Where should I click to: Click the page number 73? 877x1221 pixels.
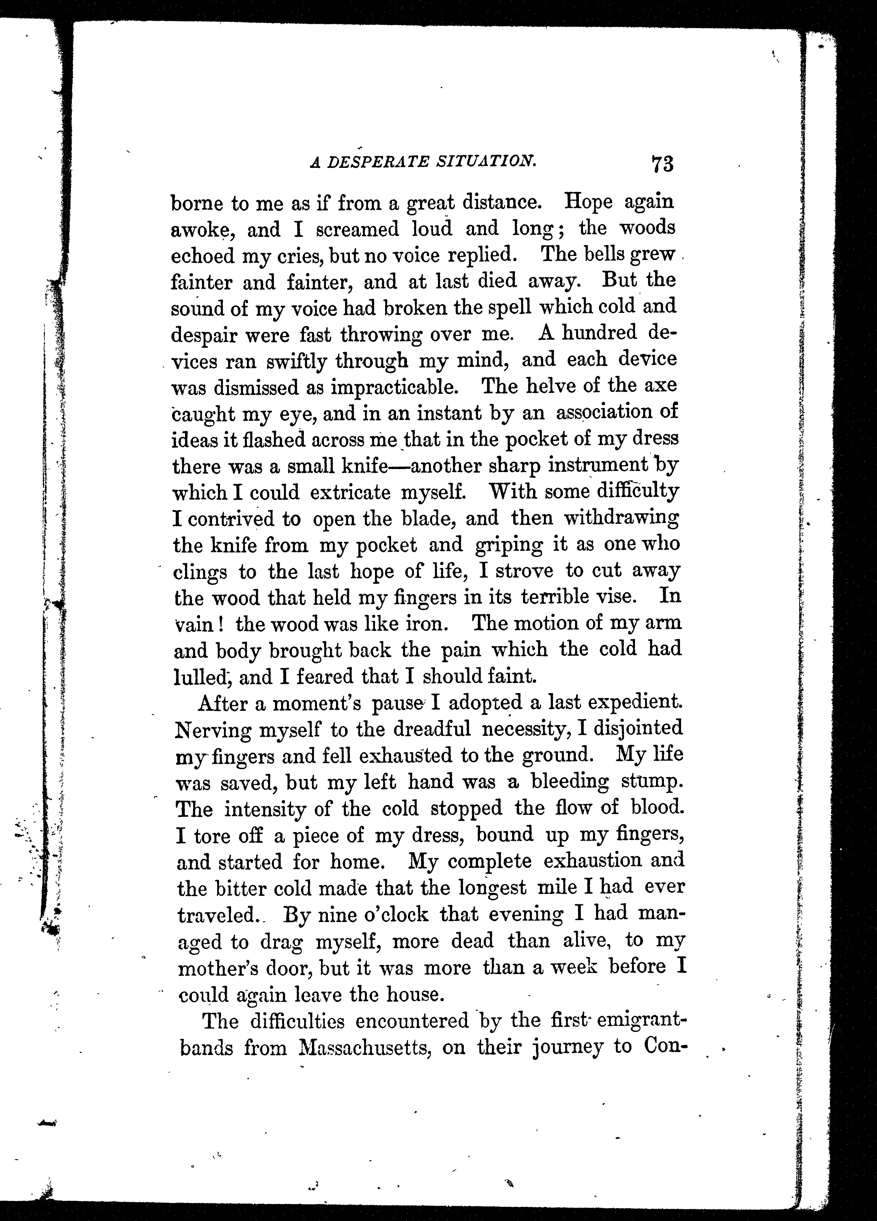[662, 164]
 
